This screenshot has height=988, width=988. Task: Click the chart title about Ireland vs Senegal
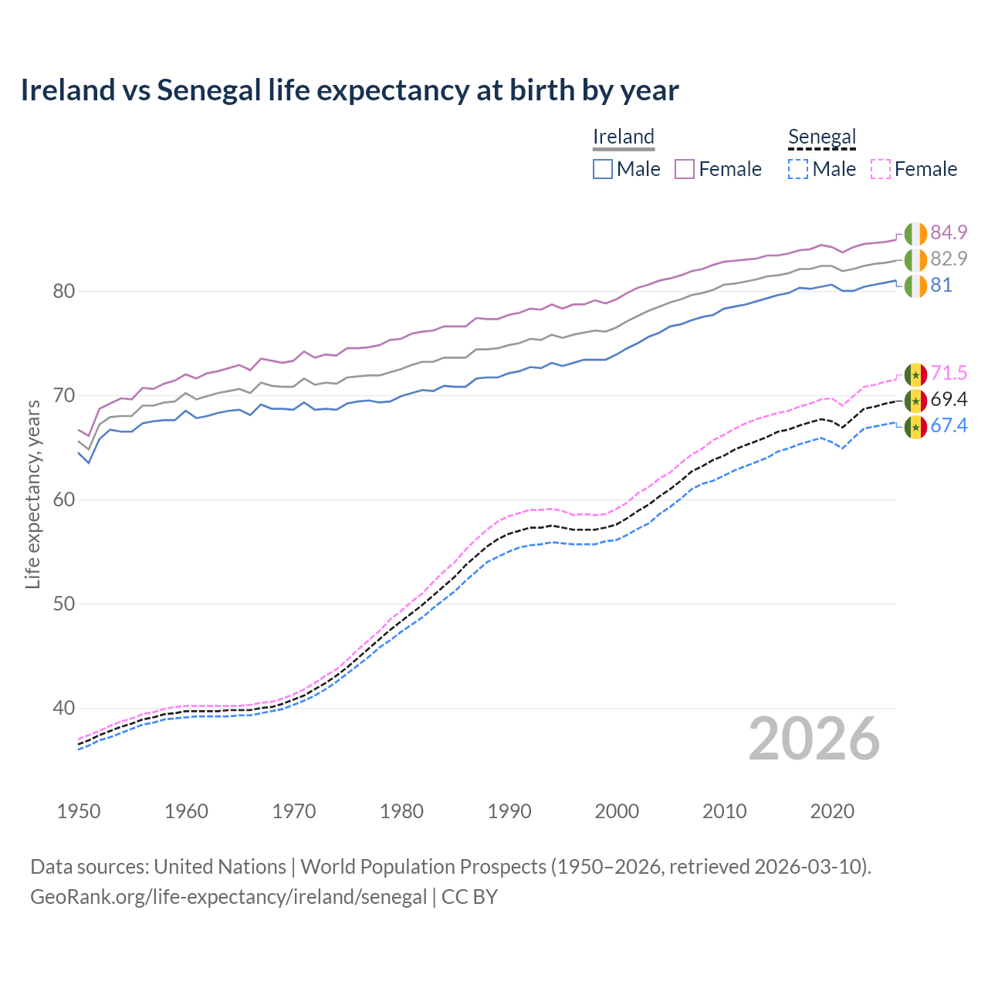pos(349,90)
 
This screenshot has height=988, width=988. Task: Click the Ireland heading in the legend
pos(624,137)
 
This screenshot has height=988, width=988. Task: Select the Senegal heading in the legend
pos(822,137)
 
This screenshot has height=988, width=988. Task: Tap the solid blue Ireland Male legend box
pos(603,169)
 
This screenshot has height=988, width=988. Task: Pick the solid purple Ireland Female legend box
pos(685,169)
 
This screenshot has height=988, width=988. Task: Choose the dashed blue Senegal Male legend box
pos(798,169)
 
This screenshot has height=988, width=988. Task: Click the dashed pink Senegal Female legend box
pos(881,169)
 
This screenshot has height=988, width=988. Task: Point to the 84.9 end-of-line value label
pos(949,232)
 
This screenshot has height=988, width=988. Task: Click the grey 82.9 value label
pos(949,259)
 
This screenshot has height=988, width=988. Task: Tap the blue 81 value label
pos(941,285)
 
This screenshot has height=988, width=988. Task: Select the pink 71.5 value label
pos(949,374)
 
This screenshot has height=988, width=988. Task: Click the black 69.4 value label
pos(949,400)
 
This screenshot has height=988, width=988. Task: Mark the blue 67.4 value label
pos(949,426)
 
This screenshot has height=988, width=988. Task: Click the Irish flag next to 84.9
pos(915,233)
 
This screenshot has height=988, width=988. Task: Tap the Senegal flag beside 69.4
pos(915,401)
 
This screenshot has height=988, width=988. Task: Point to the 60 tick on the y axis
pos(63,499)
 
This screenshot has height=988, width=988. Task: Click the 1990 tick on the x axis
pos(509,811)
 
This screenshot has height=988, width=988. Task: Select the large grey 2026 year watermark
pos(814,739)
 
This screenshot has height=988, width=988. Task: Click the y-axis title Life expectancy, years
pos(32,494)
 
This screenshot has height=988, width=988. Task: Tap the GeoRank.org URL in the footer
pos(228,897)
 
